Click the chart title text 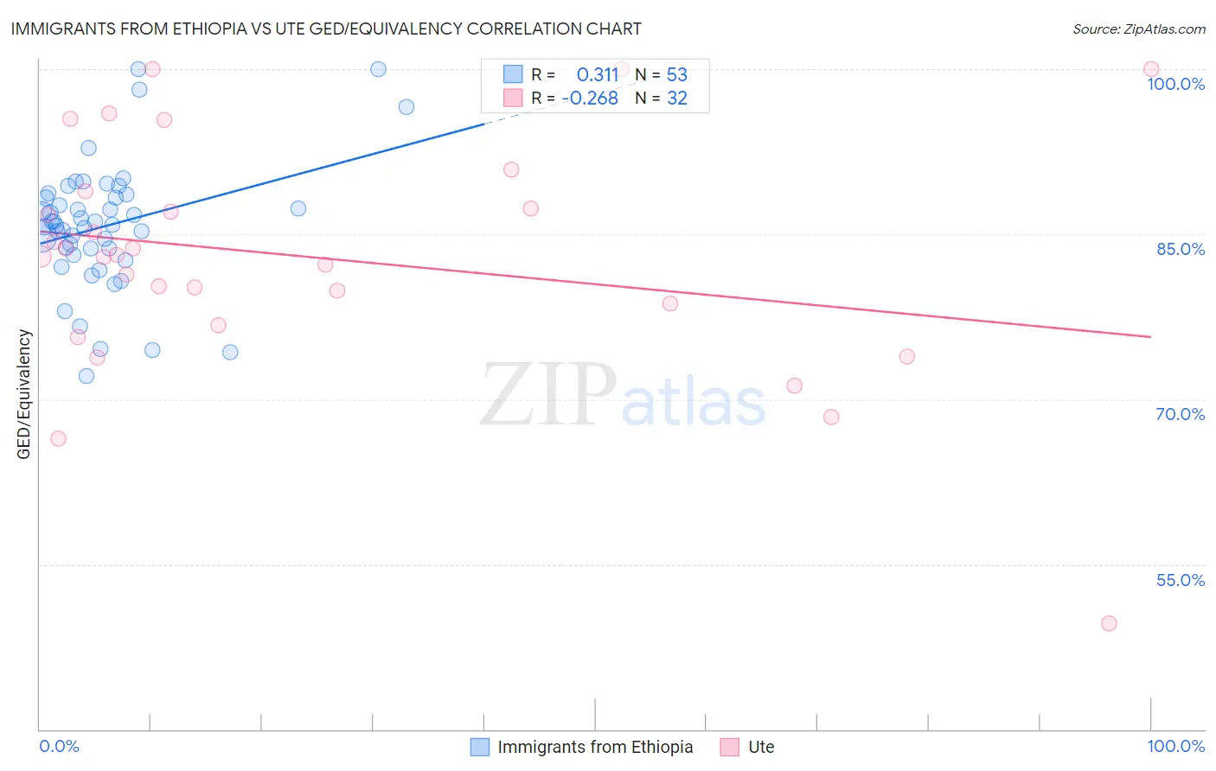[x=326, y=29]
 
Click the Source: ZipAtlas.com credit [x=1138, y=29]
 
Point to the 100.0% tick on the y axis [x=1175, y=84]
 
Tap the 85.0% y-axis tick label [x=1180, y=249]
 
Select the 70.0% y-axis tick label [x=1180, y=414]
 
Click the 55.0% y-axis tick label [x=1180, y=580]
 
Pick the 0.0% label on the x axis [x=59, y=746]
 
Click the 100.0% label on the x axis [x=1175, y=746]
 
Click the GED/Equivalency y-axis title [x=24, y=394]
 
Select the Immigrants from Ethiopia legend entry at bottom [x=595, y=747]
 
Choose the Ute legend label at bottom [x=761, y=747]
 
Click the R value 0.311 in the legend [x=598, y=74]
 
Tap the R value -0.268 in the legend [x=590, y=99]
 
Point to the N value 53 [x=676, y=74]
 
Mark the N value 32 [x=676, y=99]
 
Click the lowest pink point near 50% [x=1109, y=623]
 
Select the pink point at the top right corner [x=1151, y=69]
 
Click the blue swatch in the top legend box [x=513, y=74]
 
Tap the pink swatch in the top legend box [x=513, y=99]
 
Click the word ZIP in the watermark [x=548, y=395]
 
